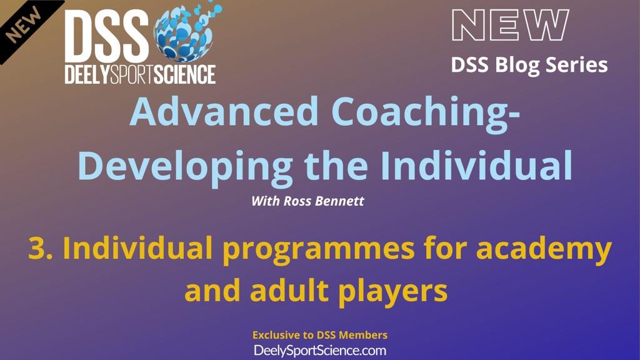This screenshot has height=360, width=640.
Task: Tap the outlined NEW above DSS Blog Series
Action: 510,25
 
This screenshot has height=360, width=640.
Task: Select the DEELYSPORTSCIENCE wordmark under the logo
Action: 140,75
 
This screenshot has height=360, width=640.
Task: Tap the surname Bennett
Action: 339,201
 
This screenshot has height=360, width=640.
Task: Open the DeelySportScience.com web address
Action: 320,351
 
